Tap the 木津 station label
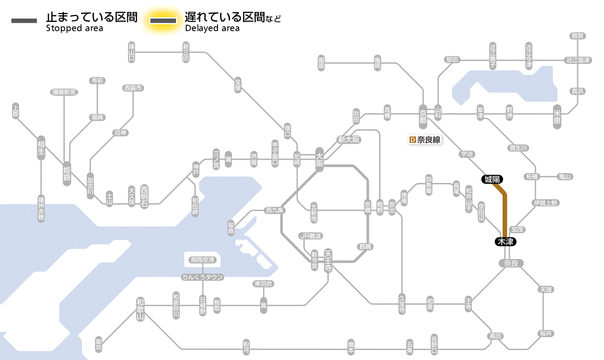505,242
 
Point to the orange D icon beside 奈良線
412,140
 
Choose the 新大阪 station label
349,139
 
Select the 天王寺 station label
328,258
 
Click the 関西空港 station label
203,260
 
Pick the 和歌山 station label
140,309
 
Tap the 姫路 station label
67,173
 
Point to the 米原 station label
558,118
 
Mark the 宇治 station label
467,154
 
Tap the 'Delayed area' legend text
212,28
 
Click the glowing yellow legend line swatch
163,21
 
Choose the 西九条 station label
275,211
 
